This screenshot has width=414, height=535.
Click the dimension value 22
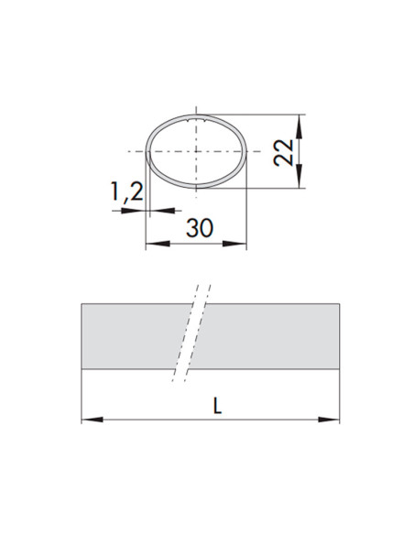click(284, 152)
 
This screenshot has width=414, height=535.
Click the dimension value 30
click(200, 228)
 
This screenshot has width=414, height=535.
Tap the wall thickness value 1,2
click(126, 191)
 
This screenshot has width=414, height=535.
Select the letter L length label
click(217, 406)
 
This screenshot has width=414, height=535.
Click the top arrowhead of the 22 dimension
click(300, 126)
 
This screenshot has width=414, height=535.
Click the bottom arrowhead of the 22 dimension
click(300, 176)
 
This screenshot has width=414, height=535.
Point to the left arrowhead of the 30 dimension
click(158, 244)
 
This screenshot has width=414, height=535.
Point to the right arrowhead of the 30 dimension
click(234, 244)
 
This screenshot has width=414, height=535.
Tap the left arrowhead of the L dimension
click(93, 420)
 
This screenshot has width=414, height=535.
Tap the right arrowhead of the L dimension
click(329, 420)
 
